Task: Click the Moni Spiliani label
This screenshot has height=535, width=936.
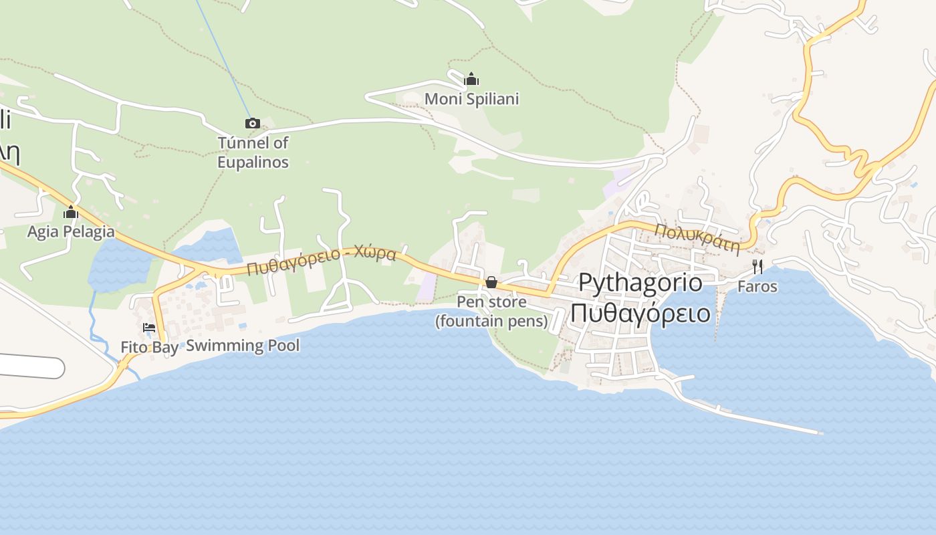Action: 471,99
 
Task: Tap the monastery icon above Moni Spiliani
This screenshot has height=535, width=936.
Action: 471,80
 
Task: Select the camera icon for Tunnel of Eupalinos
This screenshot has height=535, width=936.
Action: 252,123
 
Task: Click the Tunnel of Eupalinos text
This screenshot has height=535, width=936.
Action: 253,152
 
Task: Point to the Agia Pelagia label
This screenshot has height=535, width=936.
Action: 71,232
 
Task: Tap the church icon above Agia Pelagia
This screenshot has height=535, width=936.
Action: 71,213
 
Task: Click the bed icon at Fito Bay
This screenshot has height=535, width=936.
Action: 149,328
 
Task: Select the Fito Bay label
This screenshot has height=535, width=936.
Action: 149,347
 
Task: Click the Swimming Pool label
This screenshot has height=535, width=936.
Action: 243,346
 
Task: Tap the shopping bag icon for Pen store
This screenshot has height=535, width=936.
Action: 491,282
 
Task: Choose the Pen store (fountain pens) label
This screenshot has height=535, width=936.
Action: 491,312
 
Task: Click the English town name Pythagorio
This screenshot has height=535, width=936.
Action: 640,282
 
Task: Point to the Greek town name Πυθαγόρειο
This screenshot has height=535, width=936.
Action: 640,312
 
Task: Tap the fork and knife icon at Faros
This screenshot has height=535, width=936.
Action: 757,267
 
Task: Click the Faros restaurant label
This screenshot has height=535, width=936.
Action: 757,286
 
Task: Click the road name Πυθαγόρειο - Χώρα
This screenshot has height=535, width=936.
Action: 321,261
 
